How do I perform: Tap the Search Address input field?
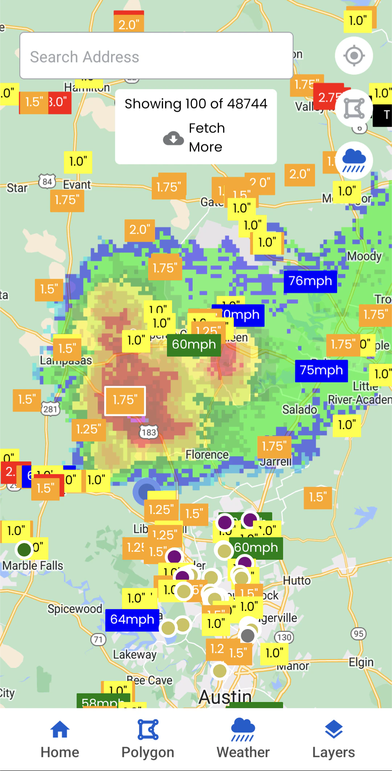pyautogui.click(x=156, y=56)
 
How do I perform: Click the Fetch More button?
pyautogui.click(x=196, y=138)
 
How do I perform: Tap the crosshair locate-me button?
pyautogui.click(x=354, y=56)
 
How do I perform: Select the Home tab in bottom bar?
pyautogui.click(x=60, y=739)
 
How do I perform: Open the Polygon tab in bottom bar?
pyautogui.click(x=148, y=739)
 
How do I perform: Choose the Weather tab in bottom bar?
pyautogui.click(x=243, y=739)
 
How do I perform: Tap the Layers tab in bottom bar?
pyautogui.click(x=334, y=739)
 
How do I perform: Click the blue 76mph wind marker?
pyautogui.click(x=310, y=281)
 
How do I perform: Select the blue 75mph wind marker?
pyautogui.click(x=321, y=371)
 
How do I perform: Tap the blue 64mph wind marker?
pyautogui.click(x=132, y=620)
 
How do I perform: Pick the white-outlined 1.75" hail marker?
pyautogui.click(x=125, y=400)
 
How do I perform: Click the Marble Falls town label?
pyautogui.click(x=33, y=566)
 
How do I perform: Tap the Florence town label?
pyautogui.click(x=207, y=454)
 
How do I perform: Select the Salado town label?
pyautogui.click(x=299, y=409)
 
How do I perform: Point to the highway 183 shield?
pyautogui.click(x=149, y=432)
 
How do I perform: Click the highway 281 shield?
pyautogui.click(x=50, y=409)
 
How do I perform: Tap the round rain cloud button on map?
pyautogui.click(x=354, y=160)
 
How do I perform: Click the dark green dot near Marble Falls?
pyautogui.click(x=24, y=549)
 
